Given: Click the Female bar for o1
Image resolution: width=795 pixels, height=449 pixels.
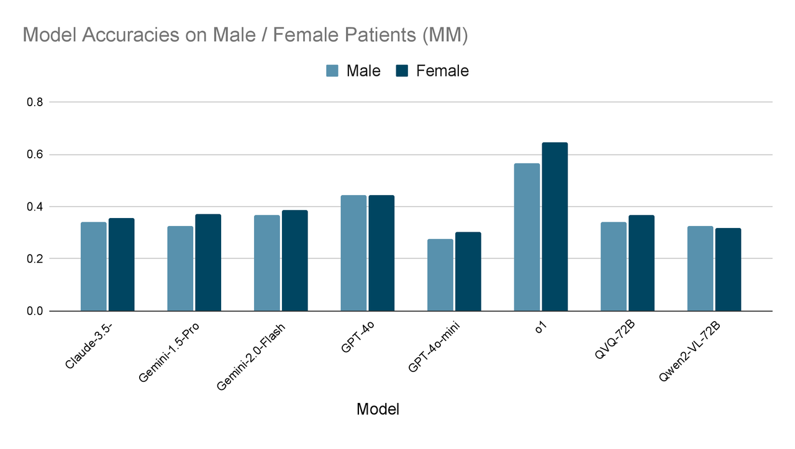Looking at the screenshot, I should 554,227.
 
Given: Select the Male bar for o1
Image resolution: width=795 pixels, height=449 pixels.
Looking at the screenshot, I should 527,237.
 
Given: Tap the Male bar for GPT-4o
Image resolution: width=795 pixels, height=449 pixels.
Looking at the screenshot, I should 353,253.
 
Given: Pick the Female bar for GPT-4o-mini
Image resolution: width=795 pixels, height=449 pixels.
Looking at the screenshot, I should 468,271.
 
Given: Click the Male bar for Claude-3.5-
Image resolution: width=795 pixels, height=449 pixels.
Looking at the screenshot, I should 93,266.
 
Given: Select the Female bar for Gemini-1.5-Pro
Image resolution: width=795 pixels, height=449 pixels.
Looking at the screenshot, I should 208,262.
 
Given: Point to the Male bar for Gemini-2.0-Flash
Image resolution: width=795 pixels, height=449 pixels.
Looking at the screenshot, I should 266,263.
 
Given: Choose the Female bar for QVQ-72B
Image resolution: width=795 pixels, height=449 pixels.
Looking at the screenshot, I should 641,263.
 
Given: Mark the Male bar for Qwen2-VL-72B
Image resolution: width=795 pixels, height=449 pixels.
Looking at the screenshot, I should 700,268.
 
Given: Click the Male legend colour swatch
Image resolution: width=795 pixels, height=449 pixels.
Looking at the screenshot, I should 332,71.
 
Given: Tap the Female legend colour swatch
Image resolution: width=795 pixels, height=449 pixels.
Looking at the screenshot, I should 402,71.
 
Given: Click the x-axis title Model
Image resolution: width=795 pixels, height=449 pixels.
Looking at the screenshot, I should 378,409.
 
